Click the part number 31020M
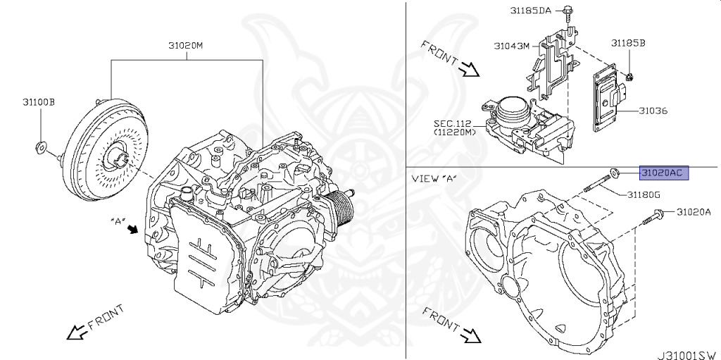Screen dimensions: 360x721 [186, 46]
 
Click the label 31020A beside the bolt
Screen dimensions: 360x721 [695, 212]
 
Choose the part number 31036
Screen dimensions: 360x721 [654, 111]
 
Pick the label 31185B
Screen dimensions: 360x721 [628, 43]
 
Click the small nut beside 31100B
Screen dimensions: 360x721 [40, 147]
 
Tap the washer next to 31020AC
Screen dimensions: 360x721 [613, 172]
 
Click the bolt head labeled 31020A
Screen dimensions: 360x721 [658, 211]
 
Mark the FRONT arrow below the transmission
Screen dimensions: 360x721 [74, 328]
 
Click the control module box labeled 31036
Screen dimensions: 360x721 [609, 99]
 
